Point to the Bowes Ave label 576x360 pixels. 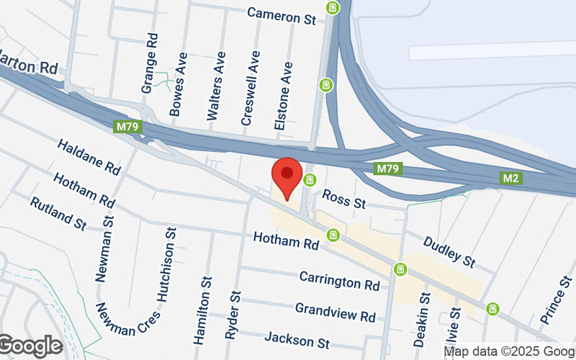[177, 84]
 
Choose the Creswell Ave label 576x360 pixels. [250, 88]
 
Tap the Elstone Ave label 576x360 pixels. [284, 94]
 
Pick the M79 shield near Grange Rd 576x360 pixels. [128, 127]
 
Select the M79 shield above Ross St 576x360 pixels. [387, 168]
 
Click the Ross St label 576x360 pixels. [343, 199]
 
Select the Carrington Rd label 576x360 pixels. [339, 281]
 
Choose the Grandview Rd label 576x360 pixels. [336, 312]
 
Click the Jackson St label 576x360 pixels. [297, 339]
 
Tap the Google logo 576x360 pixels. [30, 346]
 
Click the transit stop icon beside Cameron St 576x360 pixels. [333, 9]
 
